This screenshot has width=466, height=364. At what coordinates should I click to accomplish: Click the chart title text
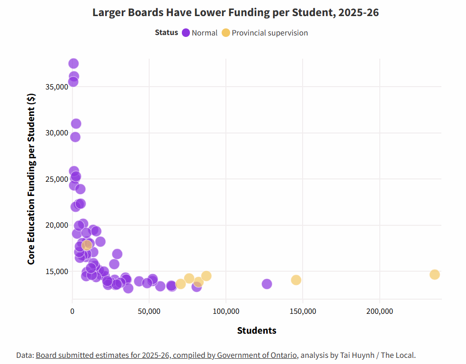click(235, 13)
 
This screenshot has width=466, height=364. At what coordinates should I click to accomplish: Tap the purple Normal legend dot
click(186, 33)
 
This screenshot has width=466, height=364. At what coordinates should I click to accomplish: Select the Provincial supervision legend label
click(269, 33)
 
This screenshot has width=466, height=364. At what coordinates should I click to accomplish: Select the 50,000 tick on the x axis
click(149, 311)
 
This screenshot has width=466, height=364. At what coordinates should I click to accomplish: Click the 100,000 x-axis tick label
click(226, 311)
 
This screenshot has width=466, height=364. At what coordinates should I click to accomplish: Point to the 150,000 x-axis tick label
click(303, 311)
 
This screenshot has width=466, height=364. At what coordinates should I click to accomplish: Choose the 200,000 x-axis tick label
click(379, 311)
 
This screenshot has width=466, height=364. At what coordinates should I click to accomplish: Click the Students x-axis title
click(257, 330)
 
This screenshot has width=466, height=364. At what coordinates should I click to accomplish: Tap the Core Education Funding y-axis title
click(31, 179)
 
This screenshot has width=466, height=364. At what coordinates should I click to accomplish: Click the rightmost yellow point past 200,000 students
click(435, 275)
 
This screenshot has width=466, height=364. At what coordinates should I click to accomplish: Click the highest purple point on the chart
click(73, 63)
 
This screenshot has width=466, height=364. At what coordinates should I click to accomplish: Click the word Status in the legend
click(166, 33)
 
